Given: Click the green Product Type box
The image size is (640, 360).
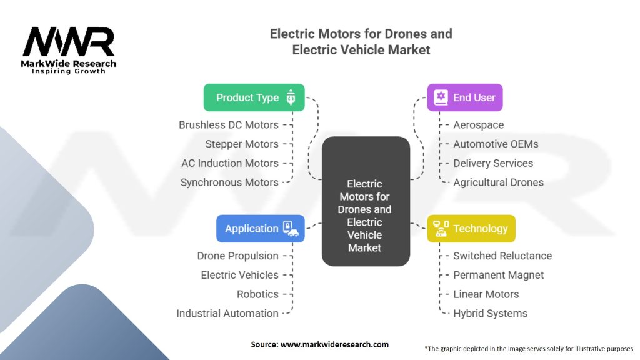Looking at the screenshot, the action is point(254,97).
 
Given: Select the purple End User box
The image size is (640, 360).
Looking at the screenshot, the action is point(465,97).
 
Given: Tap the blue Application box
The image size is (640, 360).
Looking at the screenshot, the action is point(261,229).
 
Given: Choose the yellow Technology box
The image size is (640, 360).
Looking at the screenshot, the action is point(471,229).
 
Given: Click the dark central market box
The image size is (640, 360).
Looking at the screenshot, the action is point(366,201).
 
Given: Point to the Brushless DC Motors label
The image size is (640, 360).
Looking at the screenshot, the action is point(229,125).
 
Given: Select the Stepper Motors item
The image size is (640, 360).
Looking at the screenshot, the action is point(242,144).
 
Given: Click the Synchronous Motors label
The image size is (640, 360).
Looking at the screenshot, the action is point(229,182).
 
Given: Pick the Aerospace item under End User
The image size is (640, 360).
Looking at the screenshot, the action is point(478,125).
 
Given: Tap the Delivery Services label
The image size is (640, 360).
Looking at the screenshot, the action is point(493,163).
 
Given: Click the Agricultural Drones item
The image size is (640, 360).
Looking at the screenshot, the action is point(498,182).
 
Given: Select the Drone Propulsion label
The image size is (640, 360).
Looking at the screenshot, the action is point(237,256).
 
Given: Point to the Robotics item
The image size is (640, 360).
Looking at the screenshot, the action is point(257,294).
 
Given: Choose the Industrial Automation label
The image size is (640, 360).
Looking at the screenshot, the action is point(227,314).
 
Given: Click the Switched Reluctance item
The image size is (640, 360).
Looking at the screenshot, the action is point(502,256).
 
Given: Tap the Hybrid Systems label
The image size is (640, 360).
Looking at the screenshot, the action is point(490,314).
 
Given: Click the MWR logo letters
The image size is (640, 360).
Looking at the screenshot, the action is point(69,42).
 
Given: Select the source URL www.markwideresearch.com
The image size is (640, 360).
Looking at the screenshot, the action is point(334,344).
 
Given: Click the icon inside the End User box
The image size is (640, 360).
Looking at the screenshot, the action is point(441,97).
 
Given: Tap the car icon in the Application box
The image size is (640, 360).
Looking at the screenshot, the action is point(293,232).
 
